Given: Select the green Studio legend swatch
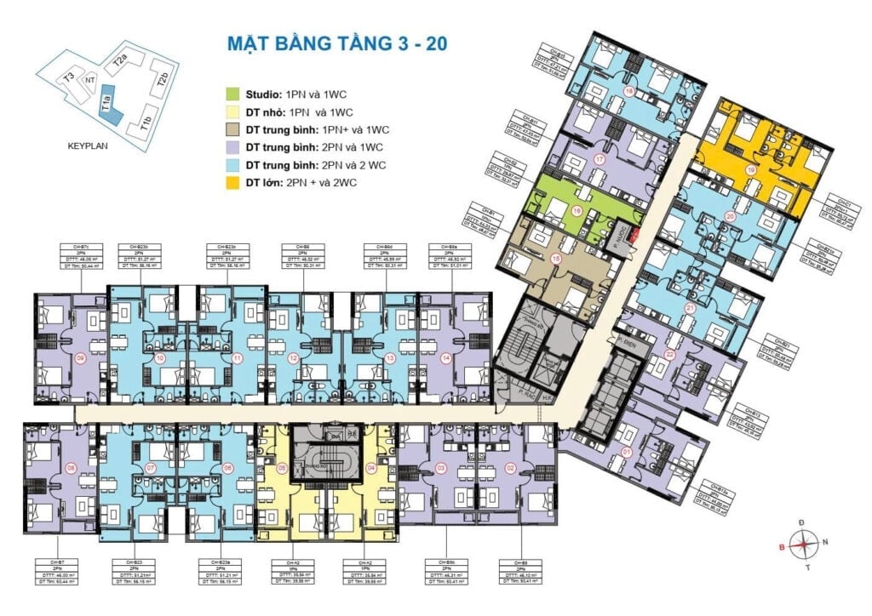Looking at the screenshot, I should coord(232,94).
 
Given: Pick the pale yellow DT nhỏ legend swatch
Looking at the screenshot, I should coord(232,111).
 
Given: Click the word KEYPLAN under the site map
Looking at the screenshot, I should coord(90,145).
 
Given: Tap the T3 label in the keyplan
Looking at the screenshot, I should coord(68,77).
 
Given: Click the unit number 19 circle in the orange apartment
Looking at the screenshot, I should coord(750,170).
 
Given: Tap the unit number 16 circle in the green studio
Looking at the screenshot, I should coord(577,212).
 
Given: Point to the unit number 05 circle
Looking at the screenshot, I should coord(282,467).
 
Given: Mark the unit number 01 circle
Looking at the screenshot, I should coord(627,452).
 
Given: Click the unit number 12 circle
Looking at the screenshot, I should coord(294,358).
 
